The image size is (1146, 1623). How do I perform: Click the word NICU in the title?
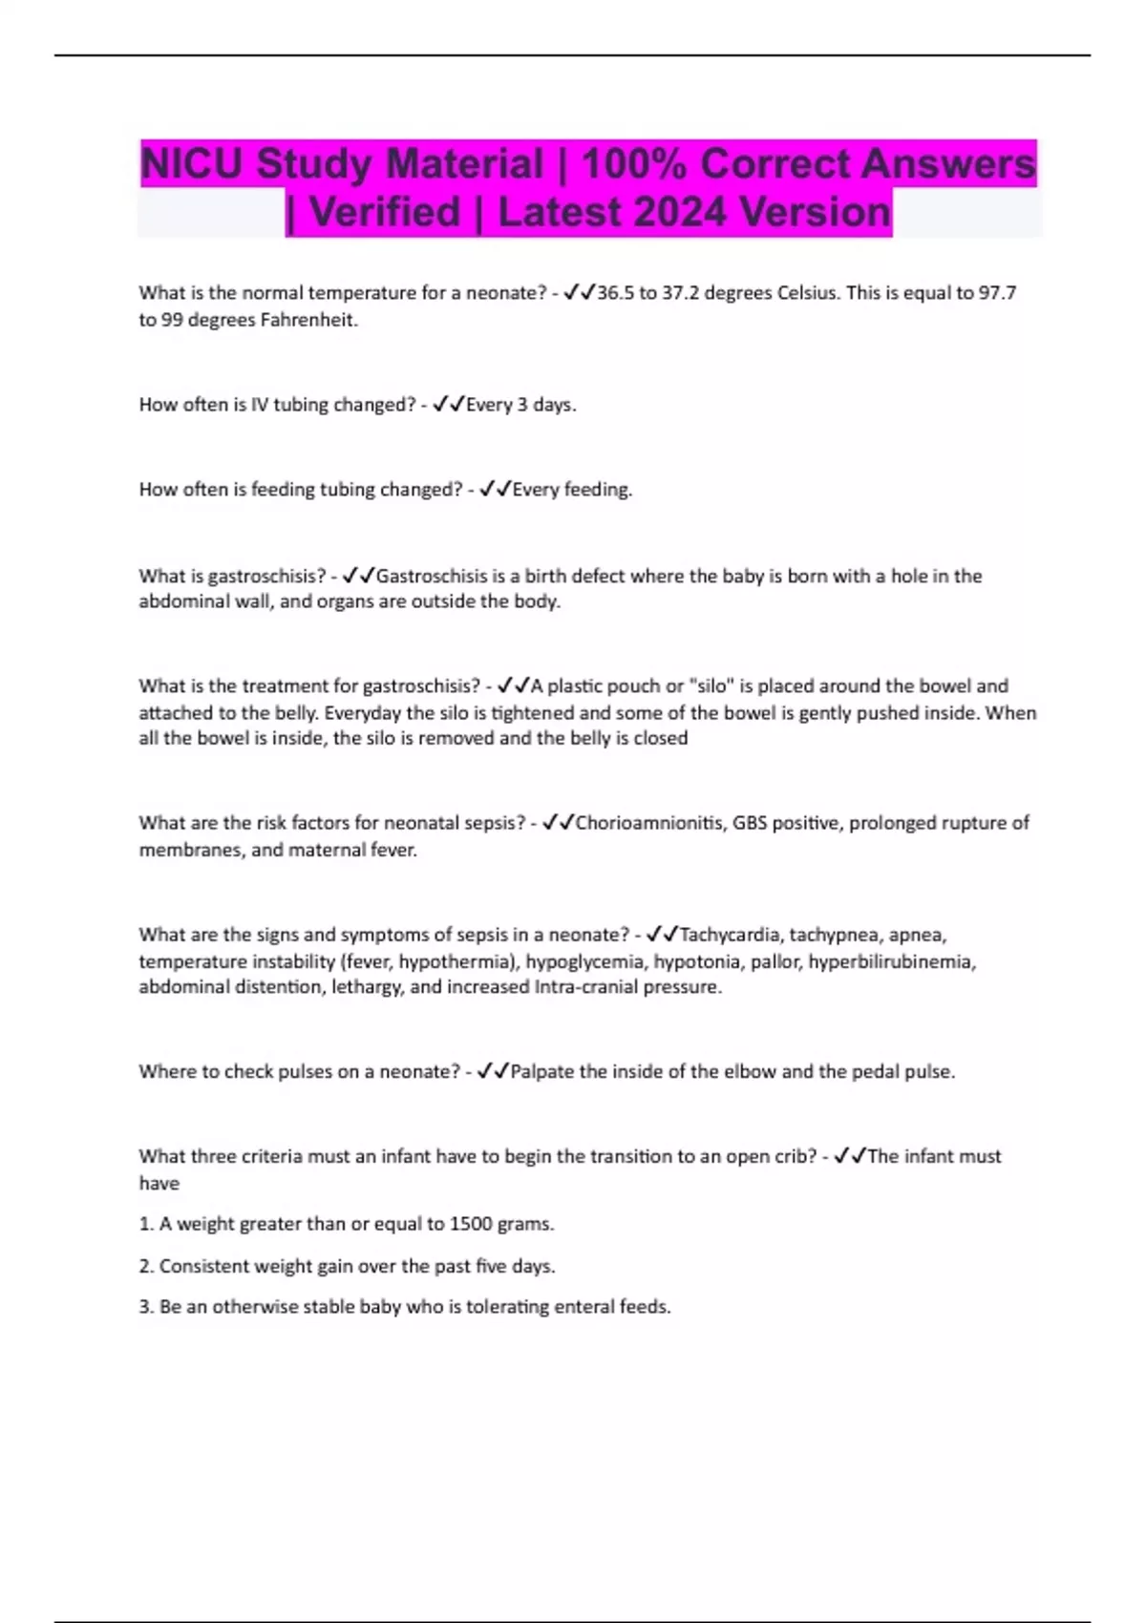click(x=192, y=164)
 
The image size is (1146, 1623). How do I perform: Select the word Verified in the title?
click(x=385, y=212)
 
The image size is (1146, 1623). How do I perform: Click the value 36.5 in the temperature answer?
click(x=614, y=293)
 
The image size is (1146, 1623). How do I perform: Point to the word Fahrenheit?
click(x=308, y=320)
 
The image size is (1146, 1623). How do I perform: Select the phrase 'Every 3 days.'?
click(x=520, y=405)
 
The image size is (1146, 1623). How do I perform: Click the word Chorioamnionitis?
click(x=649, y=823)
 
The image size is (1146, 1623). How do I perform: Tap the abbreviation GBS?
click(x=750, y=823)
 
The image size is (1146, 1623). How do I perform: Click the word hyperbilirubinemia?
click(x=891, y=961)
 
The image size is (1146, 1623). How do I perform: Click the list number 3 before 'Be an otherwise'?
click(x=145, y=1307)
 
